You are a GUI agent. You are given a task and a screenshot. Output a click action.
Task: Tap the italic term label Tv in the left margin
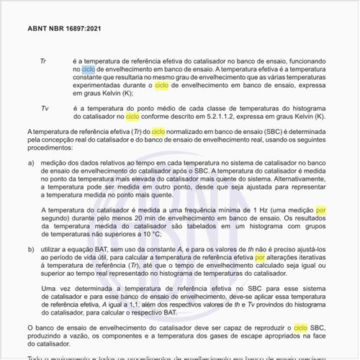click(45, 107)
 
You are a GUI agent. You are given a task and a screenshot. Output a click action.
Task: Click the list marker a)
click(32, 164)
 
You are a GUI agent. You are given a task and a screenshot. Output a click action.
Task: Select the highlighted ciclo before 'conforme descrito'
click(132, 117)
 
